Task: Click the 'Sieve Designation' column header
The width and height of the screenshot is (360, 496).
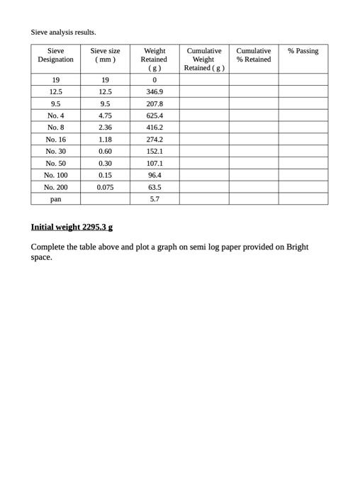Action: tap(55, 55)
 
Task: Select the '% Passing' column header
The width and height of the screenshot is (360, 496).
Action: tap(303, 51)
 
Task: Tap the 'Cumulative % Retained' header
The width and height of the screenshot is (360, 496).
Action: tap(253, 55)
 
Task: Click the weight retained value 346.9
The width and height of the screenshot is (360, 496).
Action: tap(154, 92)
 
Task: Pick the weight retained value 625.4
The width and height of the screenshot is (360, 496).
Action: tap(154, 115)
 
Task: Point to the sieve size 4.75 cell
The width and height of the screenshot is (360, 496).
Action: tap(105, 115)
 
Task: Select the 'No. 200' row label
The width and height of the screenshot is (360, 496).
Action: tap(55, 187)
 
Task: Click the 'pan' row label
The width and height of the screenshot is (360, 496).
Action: tap(55, 199)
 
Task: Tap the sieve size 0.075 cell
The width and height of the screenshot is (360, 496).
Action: tap(105, 187)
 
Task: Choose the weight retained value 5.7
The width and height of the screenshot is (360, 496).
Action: tap(154, 199)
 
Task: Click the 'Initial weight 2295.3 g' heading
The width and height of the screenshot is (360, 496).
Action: tap(72, 227)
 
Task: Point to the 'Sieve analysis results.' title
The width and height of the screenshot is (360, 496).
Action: tap(63, 32)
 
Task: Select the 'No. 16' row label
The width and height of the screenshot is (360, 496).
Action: tap(55, 140)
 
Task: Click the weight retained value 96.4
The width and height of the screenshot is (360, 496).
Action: tap(154, 175)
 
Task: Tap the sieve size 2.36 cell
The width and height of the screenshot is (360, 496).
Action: tap(105, 128)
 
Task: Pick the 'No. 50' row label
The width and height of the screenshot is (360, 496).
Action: tap(55, 163)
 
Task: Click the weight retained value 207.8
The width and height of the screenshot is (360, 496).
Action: tap(154, 103)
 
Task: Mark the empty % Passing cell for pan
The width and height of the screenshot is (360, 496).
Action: tap(303, 199)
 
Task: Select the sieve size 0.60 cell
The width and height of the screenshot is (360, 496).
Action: tap(105, 152)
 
